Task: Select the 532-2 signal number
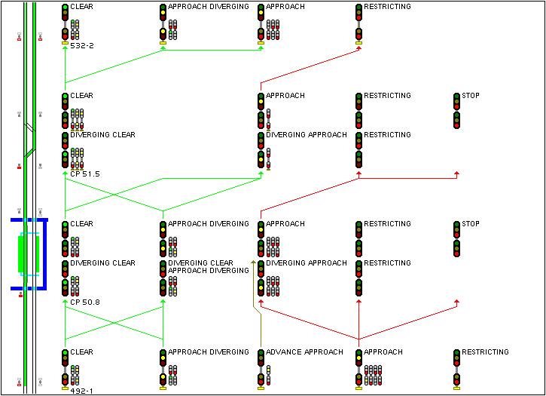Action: coord(81,46)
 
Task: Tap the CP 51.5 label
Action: coord(84,174)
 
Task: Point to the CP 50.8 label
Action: coord(84,302)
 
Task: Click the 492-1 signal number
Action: coord(81,391)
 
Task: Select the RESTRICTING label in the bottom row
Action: coord(485,352)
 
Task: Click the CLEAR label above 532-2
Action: coord(81,7)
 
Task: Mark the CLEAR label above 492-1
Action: coord(81,352)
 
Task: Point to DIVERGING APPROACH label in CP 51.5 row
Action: coord(307,135)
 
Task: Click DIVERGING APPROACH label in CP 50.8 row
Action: coord(307,263)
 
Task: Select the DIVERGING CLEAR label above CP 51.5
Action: coord(102,135)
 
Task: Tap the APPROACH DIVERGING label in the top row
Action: coord(208,7)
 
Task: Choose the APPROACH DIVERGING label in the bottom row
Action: coord(208,352)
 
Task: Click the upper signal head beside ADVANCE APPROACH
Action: coord(261,359)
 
